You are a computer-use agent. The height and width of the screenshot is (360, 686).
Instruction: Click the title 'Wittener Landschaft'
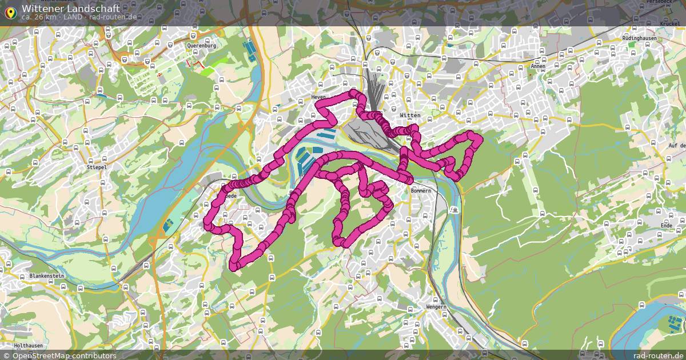(71, 9)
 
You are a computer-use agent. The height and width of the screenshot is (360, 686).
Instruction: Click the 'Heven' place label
(318, 97)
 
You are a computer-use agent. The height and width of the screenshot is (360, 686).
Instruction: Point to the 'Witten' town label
(410, 115)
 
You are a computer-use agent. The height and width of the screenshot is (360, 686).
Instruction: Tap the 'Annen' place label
(538, 66)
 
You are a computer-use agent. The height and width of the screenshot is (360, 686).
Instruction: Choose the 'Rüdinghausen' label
(639, 38)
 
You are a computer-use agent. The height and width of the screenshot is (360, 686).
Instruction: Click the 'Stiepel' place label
(97, 167)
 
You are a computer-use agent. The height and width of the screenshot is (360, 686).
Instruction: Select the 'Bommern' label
(420, 190)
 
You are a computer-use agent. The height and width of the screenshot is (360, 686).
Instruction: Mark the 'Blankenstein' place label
(46, 276)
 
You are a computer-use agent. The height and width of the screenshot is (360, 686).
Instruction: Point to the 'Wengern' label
(436, 307)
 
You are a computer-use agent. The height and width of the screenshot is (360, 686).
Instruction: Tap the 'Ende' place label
(667, 226)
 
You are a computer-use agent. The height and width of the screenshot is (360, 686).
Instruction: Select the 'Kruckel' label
(669, 24)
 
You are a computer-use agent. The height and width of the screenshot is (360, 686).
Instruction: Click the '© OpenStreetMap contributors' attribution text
(64, 355)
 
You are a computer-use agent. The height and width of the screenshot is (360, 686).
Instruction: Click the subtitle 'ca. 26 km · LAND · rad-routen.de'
(79, 17)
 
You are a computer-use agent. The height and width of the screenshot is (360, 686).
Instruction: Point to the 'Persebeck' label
(659, 2)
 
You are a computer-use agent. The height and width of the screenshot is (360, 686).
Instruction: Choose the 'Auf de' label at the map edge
(677, 146)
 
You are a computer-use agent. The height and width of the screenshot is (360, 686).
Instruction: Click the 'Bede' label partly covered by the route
(231, 196)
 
